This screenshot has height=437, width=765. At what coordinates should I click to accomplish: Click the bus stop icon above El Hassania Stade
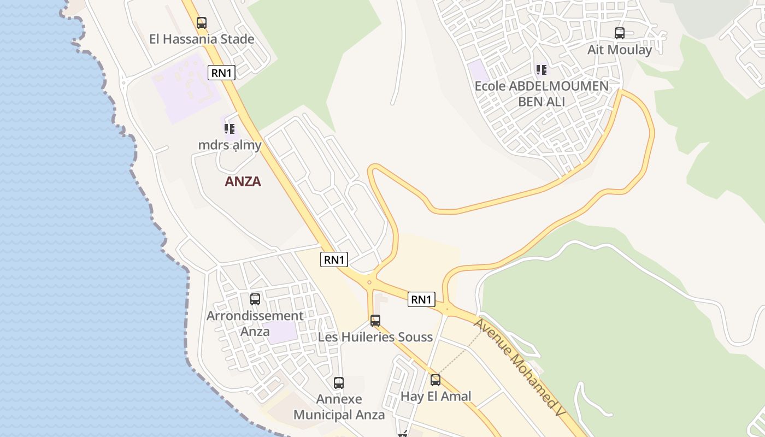[202, 23]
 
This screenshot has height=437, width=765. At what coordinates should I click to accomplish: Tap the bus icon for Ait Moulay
[619, 33]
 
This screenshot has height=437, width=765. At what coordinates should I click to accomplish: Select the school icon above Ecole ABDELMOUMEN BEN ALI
[541, 69]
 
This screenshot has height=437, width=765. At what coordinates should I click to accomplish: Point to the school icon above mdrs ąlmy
[229, 129]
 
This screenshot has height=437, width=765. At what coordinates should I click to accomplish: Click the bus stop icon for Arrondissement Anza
[255, 299]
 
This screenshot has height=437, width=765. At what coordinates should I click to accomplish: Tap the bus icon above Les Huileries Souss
[375, 321]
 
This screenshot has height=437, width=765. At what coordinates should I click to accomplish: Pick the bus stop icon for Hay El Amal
[435, 380]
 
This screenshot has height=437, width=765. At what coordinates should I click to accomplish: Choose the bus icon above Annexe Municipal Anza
[338, 383]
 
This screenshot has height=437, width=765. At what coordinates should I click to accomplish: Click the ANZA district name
[243, 181]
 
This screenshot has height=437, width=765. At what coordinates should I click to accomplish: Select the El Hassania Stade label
[202, 39]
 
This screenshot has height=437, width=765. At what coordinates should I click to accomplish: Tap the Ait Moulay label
[619, 50]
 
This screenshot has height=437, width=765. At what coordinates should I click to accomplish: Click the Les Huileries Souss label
[375, 337]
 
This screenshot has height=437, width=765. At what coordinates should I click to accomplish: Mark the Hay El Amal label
[436, 397]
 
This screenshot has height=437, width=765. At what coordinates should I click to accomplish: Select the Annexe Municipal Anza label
[339, 407]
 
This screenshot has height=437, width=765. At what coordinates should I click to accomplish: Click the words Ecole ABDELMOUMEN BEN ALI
[541, 93]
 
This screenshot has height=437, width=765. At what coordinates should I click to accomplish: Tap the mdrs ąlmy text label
[229, 145]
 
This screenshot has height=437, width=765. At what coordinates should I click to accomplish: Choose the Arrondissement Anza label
[255, 323]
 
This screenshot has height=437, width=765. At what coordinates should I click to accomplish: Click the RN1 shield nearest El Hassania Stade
[221, 73]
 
